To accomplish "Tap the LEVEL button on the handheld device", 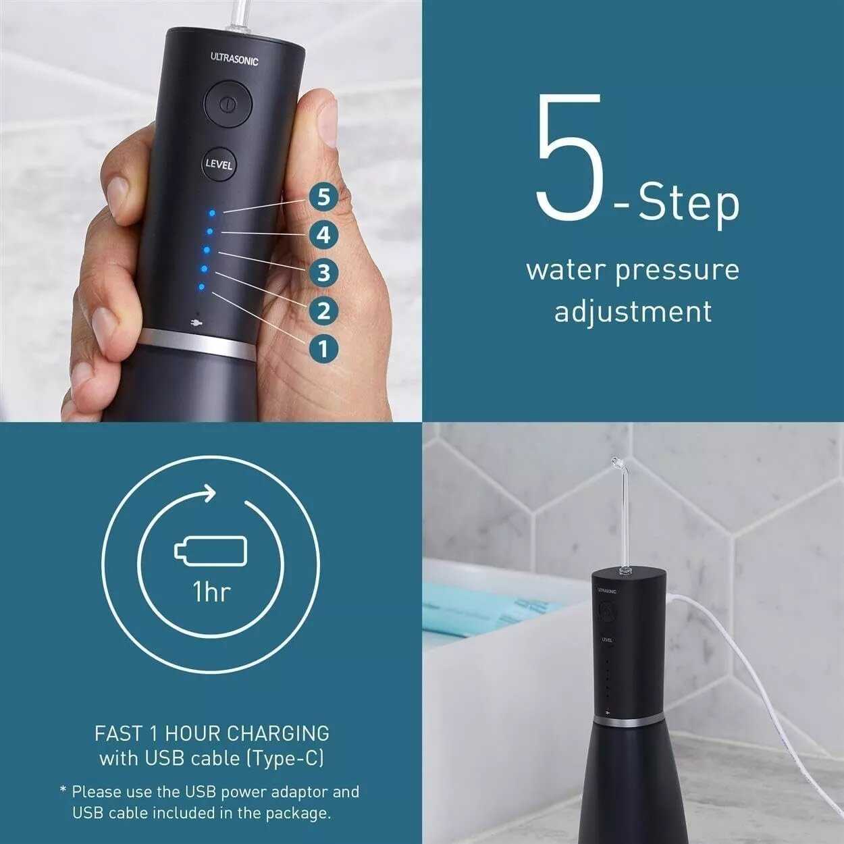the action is point(219,164).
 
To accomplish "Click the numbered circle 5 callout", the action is point(323,198).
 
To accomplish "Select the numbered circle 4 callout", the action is point(323,236).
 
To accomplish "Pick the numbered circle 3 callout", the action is point(323,273).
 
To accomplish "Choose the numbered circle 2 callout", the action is point(323,311).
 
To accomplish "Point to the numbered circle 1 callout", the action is point(323,350).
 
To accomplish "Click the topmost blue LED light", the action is point(213,213).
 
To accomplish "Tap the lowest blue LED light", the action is point(201,287).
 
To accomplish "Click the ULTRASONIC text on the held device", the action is point(234,59).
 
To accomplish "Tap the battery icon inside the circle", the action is point(211,548).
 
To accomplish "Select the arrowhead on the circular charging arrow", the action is point(209,494).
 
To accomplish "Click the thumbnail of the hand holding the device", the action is point(211,211).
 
